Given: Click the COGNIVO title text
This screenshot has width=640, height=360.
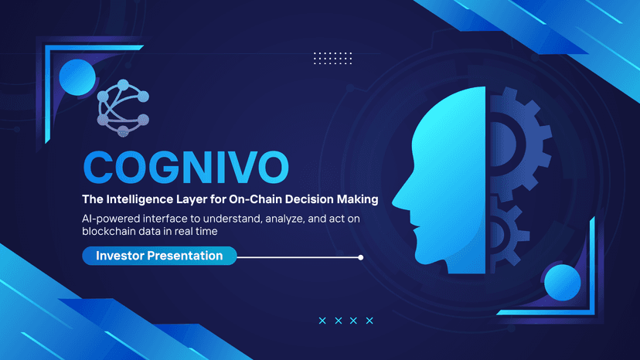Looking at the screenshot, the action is [186, 167].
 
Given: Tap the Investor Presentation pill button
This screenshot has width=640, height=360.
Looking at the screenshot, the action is [159, 256].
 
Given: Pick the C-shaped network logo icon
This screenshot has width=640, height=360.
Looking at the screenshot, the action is [123, 108].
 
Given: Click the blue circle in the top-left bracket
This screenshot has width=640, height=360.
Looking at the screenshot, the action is [77, 77].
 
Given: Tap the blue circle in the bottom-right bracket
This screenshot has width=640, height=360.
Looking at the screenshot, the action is [563, 283].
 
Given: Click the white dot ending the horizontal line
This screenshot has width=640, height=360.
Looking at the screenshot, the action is [360, 257].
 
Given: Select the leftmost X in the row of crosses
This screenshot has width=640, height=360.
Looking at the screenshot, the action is [322, 321].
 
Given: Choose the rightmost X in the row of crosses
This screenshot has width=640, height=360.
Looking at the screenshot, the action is [369, 321].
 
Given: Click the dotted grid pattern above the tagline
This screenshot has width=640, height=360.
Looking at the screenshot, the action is [332, 59].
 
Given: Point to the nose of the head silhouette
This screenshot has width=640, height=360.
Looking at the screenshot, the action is [393, 202].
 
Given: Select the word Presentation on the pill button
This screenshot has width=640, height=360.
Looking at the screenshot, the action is [185, 256].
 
